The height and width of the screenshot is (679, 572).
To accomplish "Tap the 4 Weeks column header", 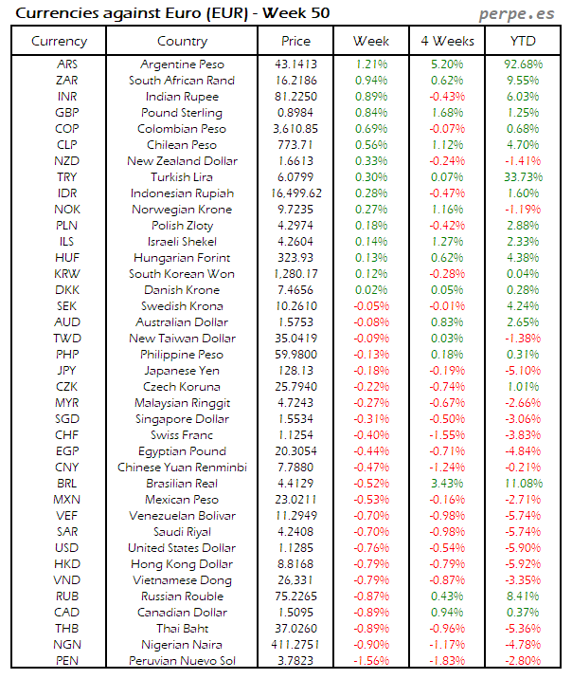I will coord(446,41).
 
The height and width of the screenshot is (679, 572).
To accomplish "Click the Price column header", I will coord(295,41).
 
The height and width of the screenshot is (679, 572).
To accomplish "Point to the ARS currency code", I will coord(68,64).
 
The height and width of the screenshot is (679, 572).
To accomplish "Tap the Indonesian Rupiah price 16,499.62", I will coord(295,193).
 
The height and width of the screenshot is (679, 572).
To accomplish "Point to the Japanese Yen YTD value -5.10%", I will coord(524,371).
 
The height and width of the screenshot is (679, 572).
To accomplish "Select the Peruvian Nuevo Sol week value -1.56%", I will coord(371,661).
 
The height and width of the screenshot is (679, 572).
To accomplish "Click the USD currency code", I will coord(67,548).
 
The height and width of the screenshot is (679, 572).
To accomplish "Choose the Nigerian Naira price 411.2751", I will coord(295,645).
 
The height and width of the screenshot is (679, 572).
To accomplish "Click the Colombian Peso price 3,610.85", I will coord(295,129).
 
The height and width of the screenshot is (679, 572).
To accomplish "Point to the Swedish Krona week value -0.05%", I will coord(371,306).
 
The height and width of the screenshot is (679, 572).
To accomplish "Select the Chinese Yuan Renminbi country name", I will coord(183,468).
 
